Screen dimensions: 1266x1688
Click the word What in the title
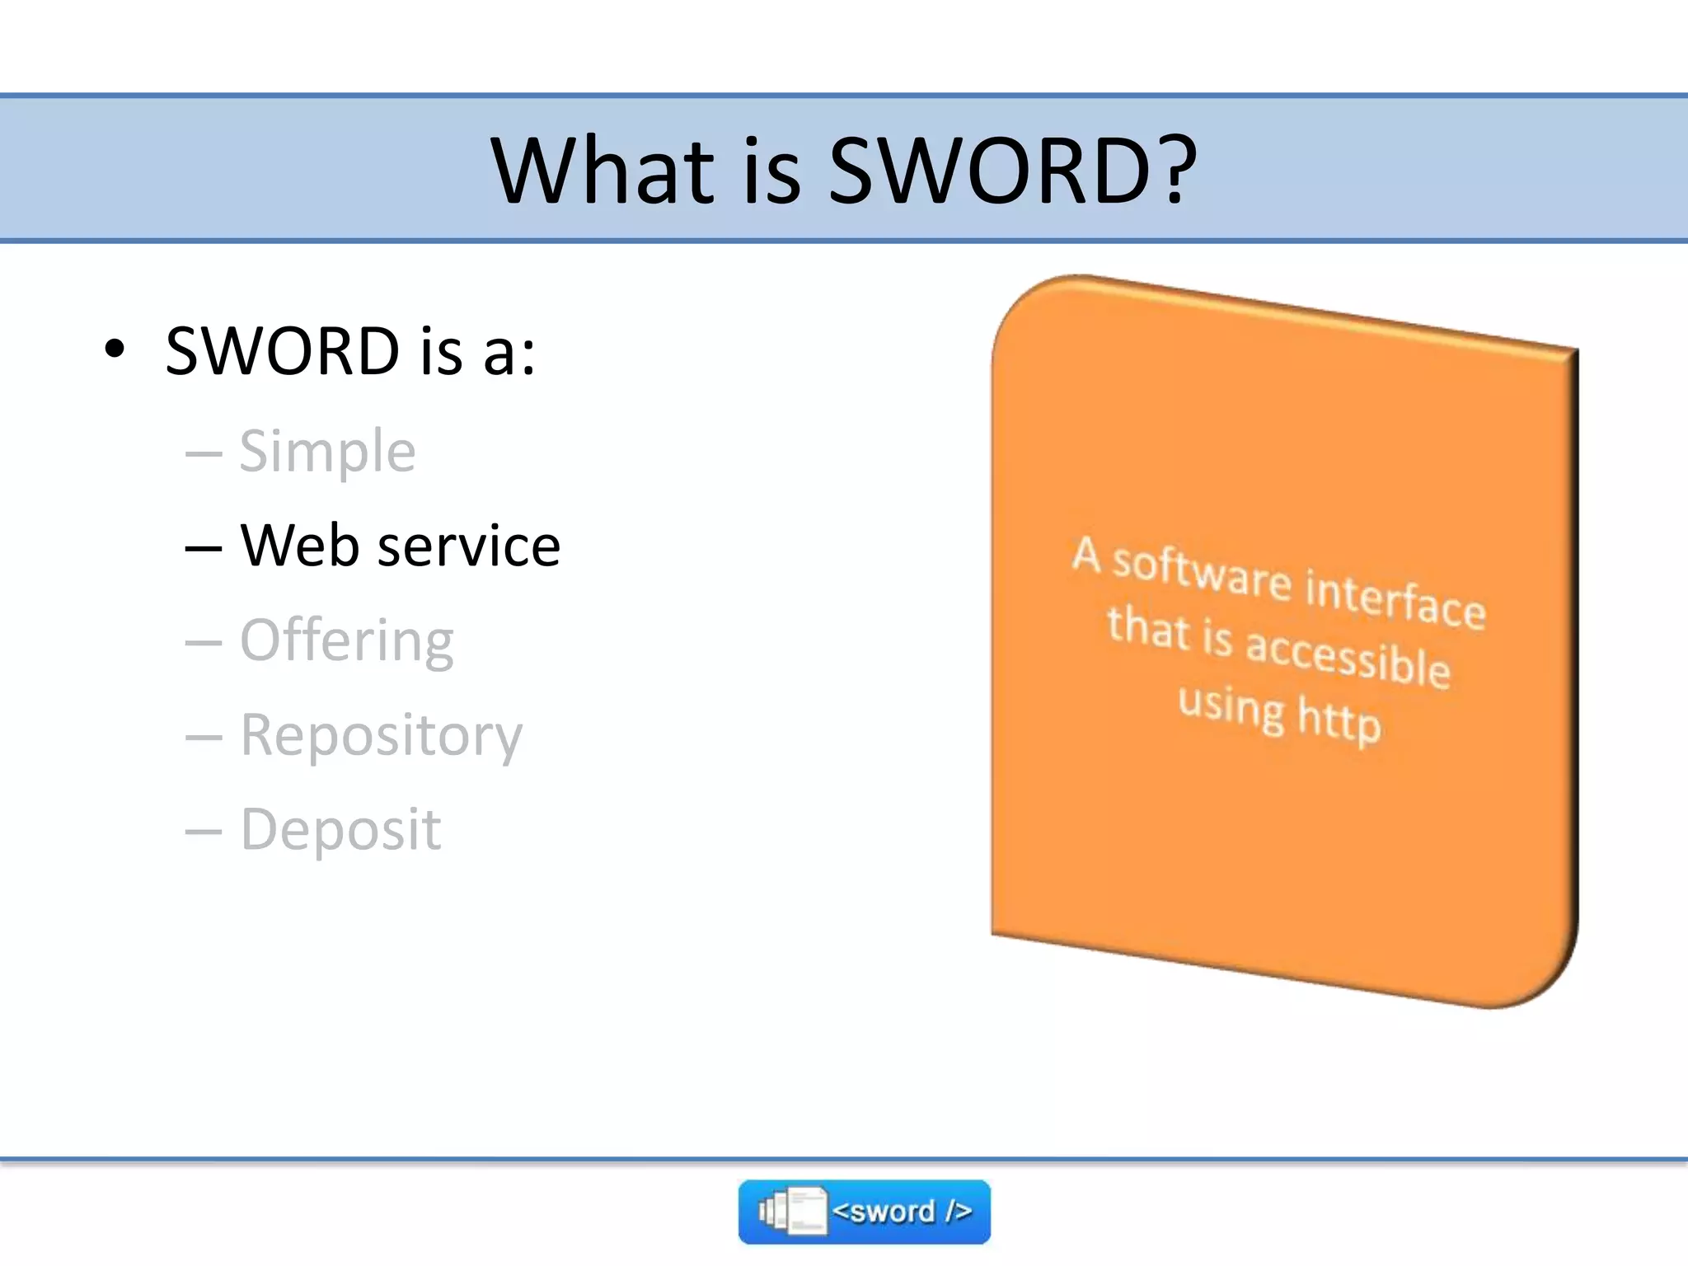click(x=603, y=171)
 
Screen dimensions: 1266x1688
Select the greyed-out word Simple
click(x=327, y=452)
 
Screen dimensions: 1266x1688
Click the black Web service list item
click(x=400, y=546)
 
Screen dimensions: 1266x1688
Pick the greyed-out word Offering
click(x=346, y=641)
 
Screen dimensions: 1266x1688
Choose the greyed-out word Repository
click(x=381, y=735)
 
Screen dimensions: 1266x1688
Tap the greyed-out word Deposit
click(x=340, y=829)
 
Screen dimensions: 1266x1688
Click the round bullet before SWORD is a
click(x=115, y=349)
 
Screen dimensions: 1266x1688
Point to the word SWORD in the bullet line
click(x=282, y=351)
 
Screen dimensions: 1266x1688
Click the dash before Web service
click(x=204, y=547)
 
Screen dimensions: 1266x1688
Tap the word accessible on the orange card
click(x=1348, y=657)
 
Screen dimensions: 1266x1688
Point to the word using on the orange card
click(x=1231, y=706)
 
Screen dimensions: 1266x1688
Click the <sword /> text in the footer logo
click(x=902, y=1212)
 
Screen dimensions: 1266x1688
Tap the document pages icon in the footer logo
click(x=793, y=1212)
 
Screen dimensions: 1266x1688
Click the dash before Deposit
click(x=204, y=831)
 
